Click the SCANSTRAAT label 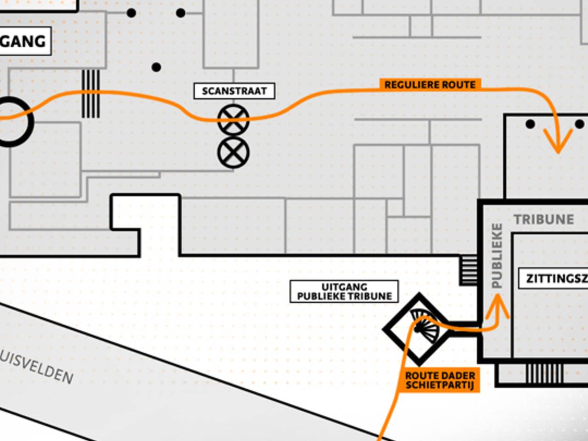pyautogui.click(x=234, y=91)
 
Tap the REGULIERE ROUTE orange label pyautogui.click(x=430, y=85)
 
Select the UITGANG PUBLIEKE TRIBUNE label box pyautogui.click(x=344, y=291)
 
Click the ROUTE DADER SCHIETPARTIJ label pyautogui.click(x=440, y=380)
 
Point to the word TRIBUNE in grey pyautogui.click(x=544, y=219)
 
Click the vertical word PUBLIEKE pyautogui.click(x=497, y=255)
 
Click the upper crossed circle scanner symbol pyautogui.click(x=233, y=120)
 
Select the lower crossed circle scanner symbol pyautogui.click(x=233, y=153)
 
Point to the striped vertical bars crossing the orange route pyautogui.click(x=90, y=93)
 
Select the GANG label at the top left pyautogui.click(x=23, y=41)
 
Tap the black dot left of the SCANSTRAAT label pyautogui.click(x=156, y=68)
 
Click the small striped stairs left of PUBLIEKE pyautogui.click(x=469, y=270)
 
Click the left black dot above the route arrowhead pyautogui.click(x=530, y=124)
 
